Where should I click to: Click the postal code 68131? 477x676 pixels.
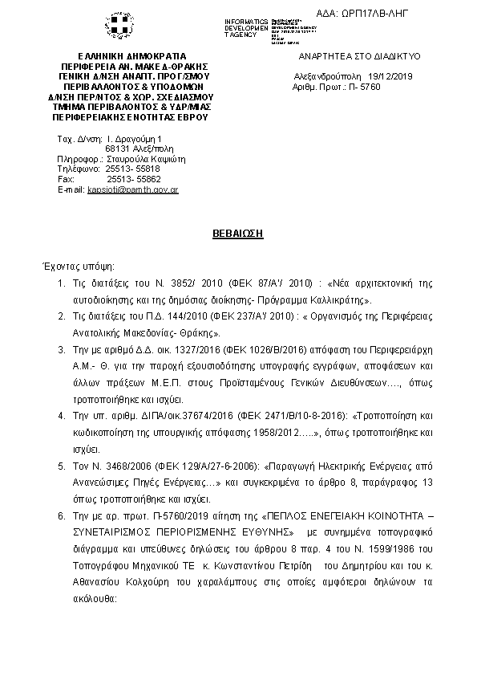pyautogui.click(x=119, y=149)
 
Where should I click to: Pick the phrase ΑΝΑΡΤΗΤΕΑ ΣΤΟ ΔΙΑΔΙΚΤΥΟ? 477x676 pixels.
pyautogui.click(x=359, y=57)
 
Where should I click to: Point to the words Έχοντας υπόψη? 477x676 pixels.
pyautogui.click(x=78, y=266)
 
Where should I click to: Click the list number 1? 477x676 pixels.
pyautogui.click(x=62, y=283)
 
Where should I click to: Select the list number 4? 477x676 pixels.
pyautogui.click(x=62, y=417)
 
